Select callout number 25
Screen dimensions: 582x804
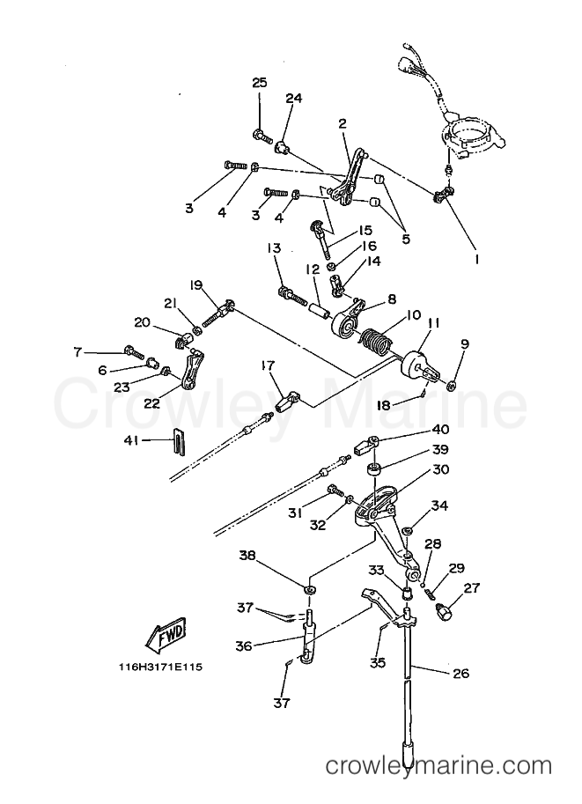click(x=260, y=83)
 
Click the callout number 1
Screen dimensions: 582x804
click(x=476, y=260)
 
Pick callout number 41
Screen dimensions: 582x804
click(x=131, y=440)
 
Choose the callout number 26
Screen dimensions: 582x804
click(x=461, y=674)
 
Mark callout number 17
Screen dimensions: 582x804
click(x=267, y=365)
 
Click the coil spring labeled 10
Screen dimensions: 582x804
click(x=378, y=343)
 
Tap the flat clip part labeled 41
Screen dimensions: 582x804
click(x=176, y=441)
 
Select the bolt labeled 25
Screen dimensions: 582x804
click(x=262, y=136)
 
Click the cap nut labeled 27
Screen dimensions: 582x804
click(x=443, y=611)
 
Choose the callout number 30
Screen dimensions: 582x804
click(x=440, y=469)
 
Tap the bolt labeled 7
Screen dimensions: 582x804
click(x=134, y=352)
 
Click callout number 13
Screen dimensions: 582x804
click(x=274, y=248)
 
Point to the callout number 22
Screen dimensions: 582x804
click(x=151, y=403)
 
